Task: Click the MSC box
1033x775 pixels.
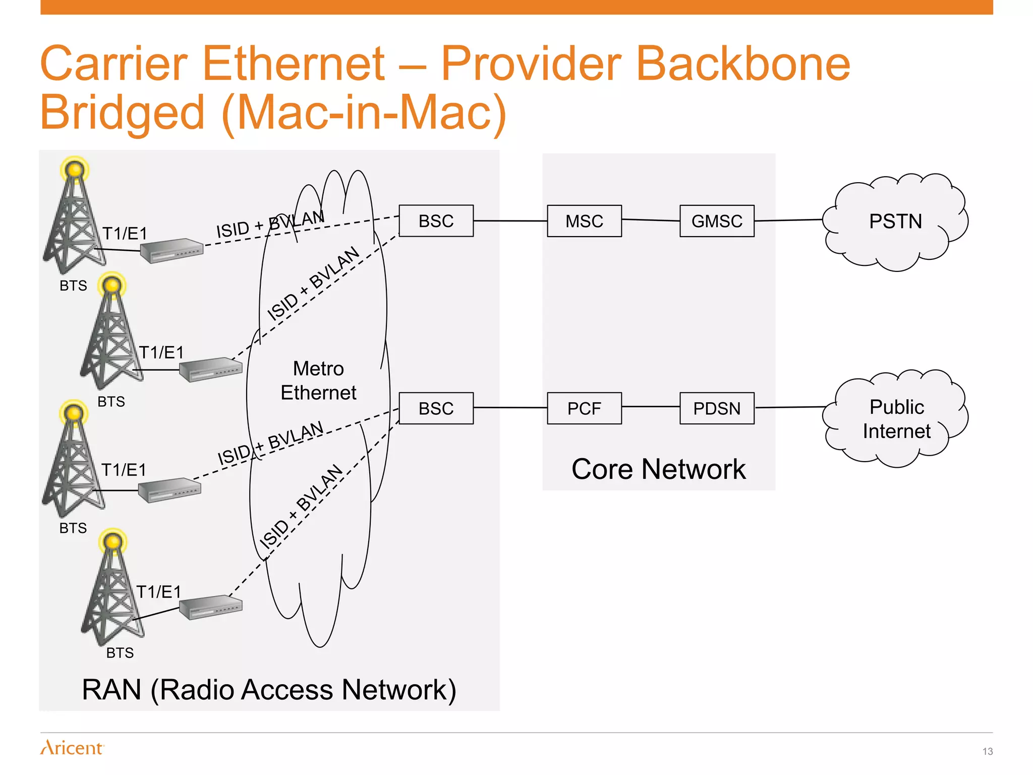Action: point(584,221)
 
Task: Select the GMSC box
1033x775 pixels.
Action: point(717,221)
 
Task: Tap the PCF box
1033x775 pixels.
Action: point(584,408)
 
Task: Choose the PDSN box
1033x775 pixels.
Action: point(717,408)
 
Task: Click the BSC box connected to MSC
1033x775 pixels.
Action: point(436,221)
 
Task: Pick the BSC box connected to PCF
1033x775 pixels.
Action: point(436,408)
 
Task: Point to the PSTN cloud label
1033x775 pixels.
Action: point(895,222)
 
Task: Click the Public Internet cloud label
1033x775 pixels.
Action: point(896,419)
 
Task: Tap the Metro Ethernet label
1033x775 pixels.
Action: point(318,380)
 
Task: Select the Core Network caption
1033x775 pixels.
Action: point(658,469)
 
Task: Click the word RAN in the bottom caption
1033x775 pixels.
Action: point(111,690)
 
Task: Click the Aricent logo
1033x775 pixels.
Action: point(72,747)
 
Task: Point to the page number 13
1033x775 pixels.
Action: point(987,751)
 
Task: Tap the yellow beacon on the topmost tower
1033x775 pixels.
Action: point(75,170)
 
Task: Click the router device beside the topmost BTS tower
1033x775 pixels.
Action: point(171,250)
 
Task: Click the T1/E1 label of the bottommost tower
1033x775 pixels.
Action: point(158,592)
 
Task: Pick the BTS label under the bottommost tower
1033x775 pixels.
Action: point(120,653)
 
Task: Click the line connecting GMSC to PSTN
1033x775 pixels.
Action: point(788,220)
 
